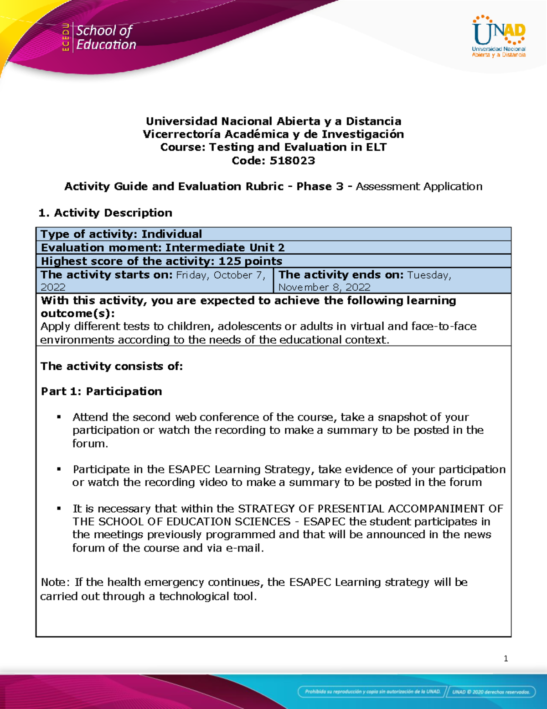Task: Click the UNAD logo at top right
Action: point(499,37)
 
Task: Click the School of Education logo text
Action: point(105,37)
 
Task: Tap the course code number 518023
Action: point(292,161)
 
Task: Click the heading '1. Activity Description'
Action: point(105,213)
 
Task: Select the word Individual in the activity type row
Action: point(171,234)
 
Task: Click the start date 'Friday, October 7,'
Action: point(221,275)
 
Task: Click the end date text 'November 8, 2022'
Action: point(324,287)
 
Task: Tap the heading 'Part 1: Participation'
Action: point(101,391)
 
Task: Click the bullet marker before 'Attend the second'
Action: point(59,417)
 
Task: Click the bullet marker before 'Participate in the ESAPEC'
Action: point(59,469)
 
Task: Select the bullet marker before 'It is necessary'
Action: point(59,508)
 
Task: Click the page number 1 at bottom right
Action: point(506,658)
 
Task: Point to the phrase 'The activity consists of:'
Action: point(112,366)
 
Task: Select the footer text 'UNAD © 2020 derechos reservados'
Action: point(490,692)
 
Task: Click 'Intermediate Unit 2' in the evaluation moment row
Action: point(225,248)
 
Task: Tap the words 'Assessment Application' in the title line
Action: point(418,187)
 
